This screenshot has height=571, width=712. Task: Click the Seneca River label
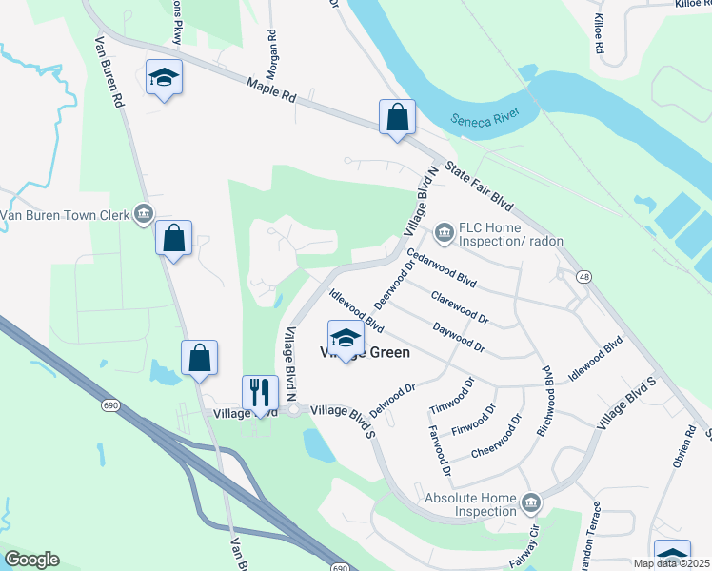point(485,121)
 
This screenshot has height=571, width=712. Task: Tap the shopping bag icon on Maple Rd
point(397,118)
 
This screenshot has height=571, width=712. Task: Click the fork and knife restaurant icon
point(259,391)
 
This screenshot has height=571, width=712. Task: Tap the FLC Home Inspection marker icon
point(443,231)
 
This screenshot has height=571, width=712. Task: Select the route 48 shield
point(584,276)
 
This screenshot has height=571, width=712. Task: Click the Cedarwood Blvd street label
point(440,268)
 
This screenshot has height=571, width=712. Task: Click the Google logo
point(31,560)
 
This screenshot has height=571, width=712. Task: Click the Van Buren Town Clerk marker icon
point(144,213)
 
